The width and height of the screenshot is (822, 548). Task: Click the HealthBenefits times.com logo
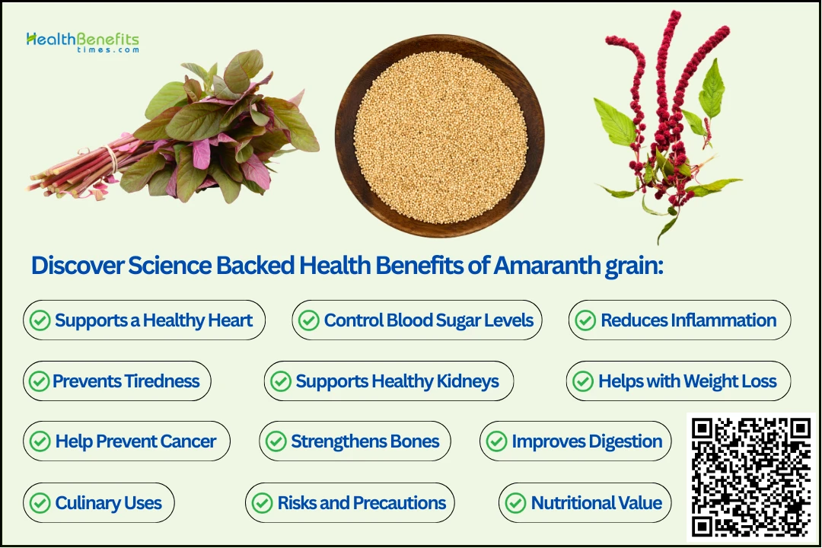pos(83,43)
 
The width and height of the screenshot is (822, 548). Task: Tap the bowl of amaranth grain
pos(439,136)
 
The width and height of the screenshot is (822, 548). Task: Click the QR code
pos(750,477)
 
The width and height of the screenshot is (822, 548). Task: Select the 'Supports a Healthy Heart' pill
pos(144,320)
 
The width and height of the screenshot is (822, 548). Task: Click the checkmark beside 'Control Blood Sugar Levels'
pos(309,320)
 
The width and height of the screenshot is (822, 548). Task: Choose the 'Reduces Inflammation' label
pos(688,320)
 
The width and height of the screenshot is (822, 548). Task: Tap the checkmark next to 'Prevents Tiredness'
pos(39,381)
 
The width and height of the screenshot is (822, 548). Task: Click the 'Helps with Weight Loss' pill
pos(678,381)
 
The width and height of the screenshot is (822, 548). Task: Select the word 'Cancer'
pos(188,441)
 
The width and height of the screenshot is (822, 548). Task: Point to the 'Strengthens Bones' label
pos(365,441)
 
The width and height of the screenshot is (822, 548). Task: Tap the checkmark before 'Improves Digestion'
pos(496,441)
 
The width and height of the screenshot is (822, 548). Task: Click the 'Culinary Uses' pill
pos(98,503)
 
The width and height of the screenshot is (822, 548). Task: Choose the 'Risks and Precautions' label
pos(362,503)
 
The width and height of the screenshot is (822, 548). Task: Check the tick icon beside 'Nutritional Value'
pos(515,503)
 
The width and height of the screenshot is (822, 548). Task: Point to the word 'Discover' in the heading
pos(78,266)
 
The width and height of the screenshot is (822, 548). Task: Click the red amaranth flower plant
pos(666,126)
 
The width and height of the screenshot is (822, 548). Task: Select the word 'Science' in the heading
pos(170,266)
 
